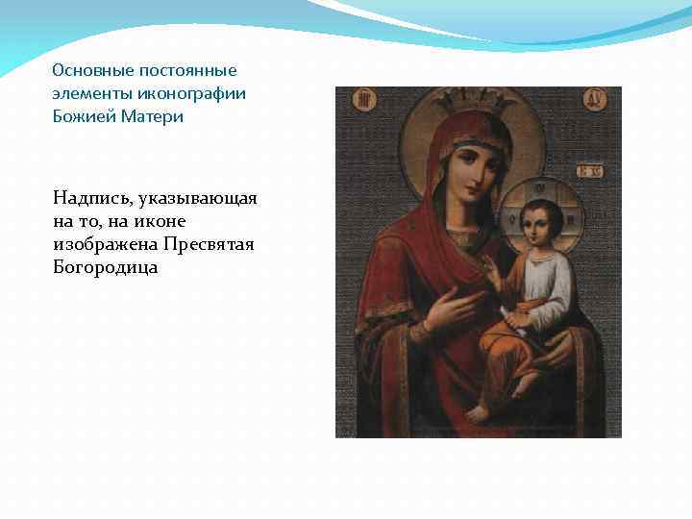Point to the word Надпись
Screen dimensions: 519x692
92,198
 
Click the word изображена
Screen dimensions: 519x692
106,244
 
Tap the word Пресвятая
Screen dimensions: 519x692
209,244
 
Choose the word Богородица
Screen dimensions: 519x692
106,267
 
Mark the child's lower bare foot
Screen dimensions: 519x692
478,412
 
